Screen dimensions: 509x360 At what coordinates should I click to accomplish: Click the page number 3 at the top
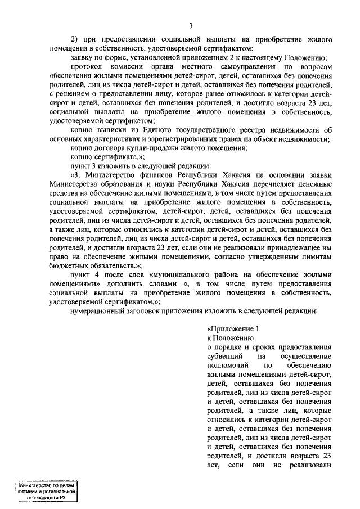pos(191,25)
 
